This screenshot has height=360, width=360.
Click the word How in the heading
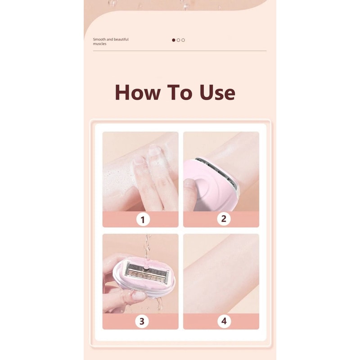pos(137,92)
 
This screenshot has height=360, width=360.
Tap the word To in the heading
pos(180,92)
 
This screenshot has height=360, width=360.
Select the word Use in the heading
pos(217,92)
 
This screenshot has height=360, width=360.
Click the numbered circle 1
pos(143,220)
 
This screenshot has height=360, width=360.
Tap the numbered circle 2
pos(223,219)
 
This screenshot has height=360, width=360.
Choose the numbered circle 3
pos(142,321)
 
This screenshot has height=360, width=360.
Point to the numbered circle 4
pos(223,321)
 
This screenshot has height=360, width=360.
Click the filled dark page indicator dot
pos(174,40)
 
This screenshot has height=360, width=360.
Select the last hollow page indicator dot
pos(183,40)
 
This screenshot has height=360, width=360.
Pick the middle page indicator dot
pos(178,40)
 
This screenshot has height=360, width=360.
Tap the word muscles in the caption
pos(99,44)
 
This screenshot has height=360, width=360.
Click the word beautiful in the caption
pos(121,40)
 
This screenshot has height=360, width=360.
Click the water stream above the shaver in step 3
pos(146,245)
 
